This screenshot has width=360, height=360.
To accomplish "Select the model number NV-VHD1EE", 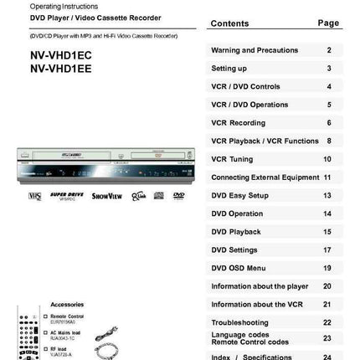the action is click(x=62, y=69).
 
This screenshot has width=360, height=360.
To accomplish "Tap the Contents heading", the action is click(x=229, y=23).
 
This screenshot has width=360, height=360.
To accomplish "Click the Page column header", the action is click(x=328, y=23).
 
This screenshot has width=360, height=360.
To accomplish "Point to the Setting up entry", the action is click(x=229, y=69).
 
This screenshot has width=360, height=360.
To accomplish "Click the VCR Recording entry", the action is click(x=238, y=123).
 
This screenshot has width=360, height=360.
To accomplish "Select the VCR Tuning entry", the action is click(x=232, y=159).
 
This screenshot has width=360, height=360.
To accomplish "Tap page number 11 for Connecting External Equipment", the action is click(x=327, y=177).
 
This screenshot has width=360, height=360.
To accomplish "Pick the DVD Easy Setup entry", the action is click(x=239, y=196).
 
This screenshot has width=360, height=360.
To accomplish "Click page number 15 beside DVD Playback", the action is click(x=327, y=232).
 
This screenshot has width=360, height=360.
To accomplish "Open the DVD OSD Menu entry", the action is click(x=238, y=268).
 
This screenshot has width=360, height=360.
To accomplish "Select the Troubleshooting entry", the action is click(x=239, y=322).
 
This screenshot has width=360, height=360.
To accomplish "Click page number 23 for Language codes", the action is click(x=327, y=338).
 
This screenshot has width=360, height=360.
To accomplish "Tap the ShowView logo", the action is click(x=106, y=196).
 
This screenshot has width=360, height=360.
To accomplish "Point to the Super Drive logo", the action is click(x=66, y=196).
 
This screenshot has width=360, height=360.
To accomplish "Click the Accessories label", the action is click(x=66, y=304).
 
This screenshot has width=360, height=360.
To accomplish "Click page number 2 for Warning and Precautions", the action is click(x=328, y=50).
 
